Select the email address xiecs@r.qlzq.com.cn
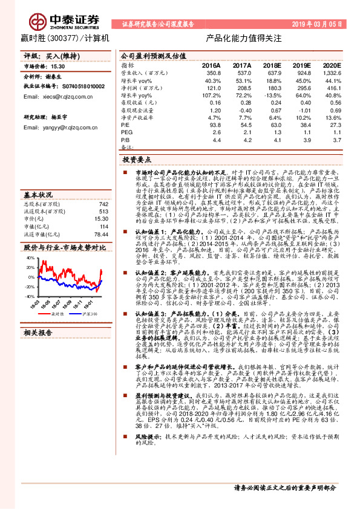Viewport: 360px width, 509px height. [58, 97]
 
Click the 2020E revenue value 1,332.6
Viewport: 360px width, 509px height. [329, 72]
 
